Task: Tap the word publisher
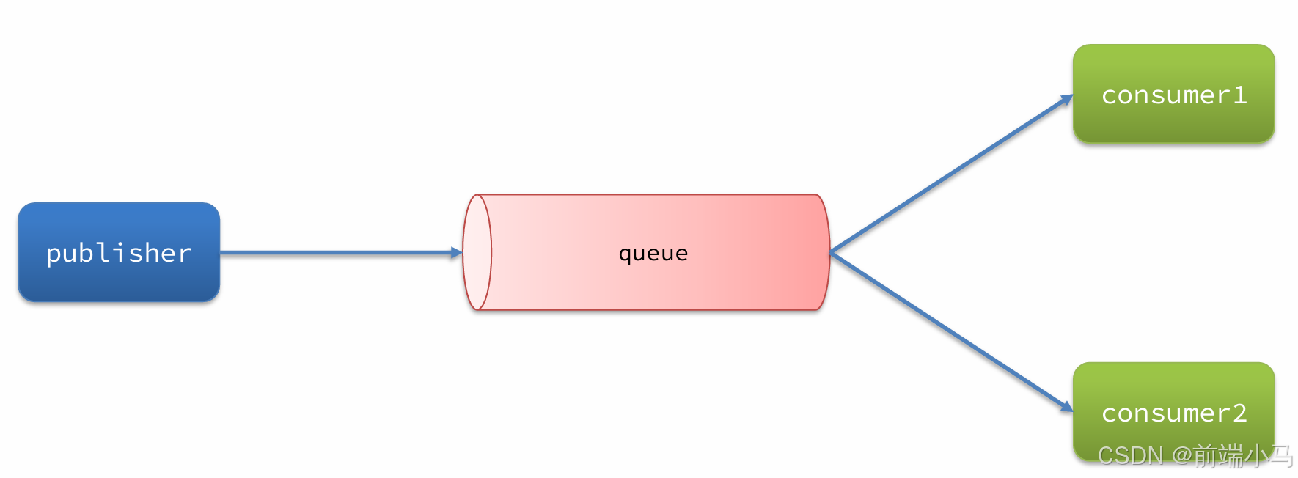[119, 253]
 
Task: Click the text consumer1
[1173, 95]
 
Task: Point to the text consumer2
[1173, 413]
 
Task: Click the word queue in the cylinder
[653, 254]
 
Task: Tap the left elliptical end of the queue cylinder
[477, 252]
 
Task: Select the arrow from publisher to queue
[337, 253]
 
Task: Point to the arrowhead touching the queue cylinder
[456, 253]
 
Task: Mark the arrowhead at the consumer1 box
[1067, 100]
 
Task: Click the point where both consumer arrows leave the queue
[831, 253]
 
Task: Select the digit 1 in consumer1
[1239, 95]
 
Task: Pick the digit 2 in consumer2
[1239, 413]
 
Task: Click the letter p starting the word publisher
[54, 254]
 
